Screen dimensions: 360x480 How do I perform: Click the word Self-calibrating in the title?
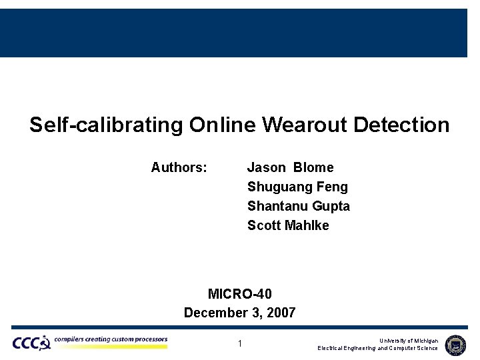(106, 125)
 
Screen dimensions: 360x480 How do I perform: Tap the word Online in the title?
(223, 125)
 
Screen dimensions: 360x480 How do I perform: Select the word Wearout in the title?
(305, 125)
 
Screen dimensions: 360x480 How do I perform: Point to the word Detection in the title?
(402, 125)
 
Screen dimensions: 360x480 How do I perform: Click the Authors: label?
(179, 167)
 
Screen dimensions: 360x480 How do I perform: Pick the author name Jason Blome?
(290, 167)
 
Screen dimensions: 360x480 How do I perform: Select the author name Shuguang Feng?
(297, 187)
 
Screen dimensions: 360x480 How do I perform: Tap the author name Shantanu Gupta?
(298, 206)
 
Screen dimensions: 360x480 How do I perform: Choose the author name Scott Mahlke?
(288, 225)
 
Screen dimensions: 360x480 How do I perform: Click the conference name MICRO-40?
(240, 294)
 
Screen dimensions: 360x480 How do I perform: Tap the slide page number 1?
(240, 344)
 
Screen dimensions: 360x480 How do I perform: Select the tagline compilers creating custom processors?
(111, 339)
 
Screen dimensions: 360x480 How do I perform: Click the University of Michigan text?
(409, 341)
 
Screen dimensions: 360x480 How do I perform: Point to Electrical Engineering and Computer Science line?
(377, 348)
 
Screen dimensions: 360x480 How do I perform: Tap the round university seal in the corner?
(455, 344)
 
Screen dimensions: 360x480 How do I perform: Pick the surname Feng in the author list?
(333, 187)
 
